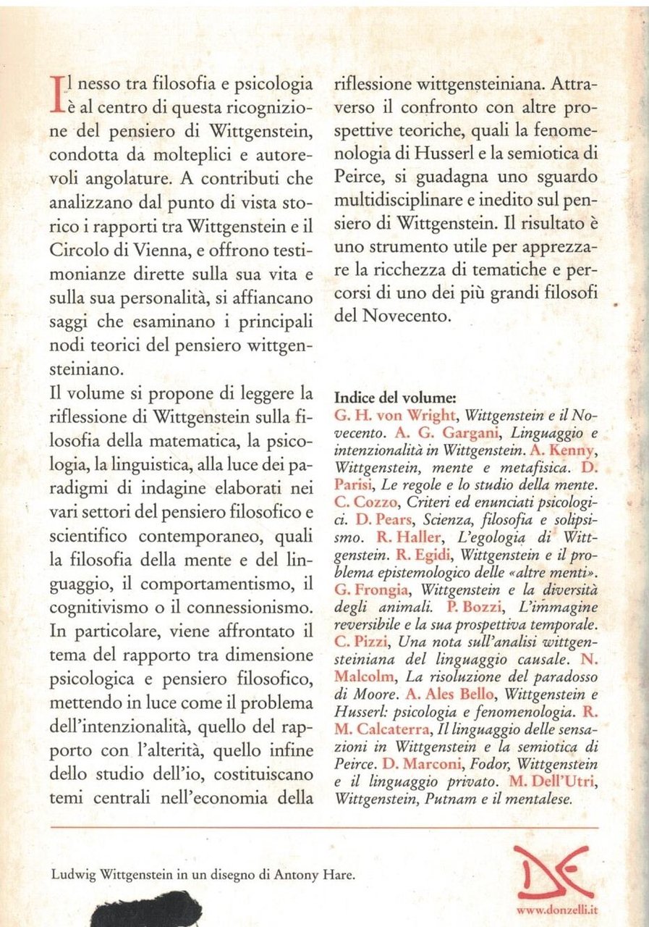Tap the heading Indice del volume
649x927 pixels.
pyautogui.click(x=395, y=398)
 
